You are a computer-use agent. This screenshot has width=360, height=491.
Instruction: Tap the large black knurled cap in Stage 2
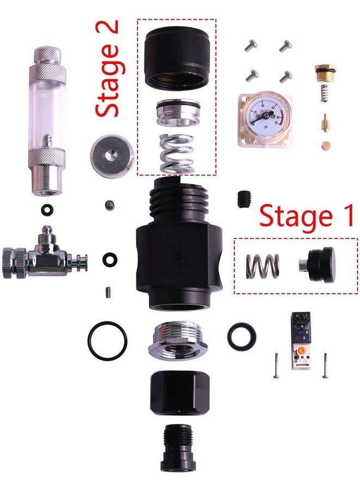point(177,57)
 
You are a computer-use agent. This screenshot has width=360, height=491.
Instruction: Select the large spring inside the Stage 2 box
point(177,153)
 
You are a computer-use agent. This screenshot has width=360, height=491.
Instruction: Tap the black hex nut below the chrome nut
point(176,392)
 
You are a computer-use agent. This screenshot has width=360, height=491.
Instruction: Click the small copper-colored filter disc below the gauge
point(327,147)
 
